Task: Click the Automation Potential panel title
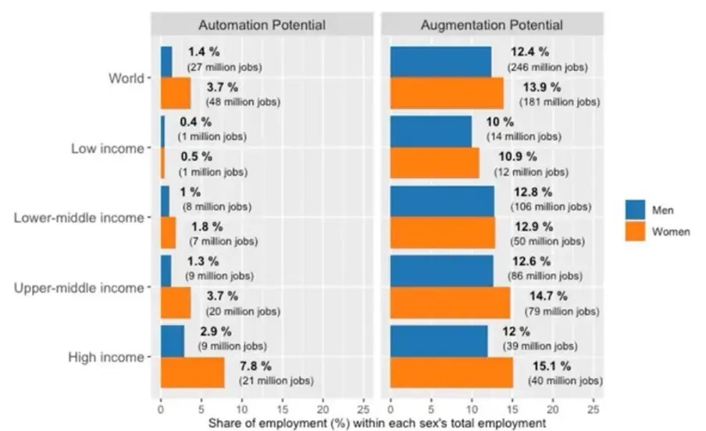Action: click(261, 25)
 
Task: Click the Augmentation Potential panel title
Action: click(492, 25)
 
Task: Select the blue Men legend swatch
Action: click(635, 209)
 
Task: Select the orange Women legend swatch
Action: click(635, 232)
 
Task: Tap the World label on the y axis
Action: click(127, 78)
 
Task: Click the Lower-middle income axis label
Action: click(79, 218)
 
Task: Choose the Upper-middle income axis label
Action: click(80, 287)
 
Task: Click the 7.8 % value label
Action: click(255, 365)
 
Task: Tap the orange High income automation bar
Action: click(192, 372)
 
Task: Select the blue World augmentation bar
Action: click(440, 62)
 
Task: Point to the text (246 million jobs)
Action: click(549, 68)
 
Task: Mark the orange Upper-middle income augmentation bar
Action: click(449, 303)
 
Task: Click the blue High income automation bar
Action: click(172, 340)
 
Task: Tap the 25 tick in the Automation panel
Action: click(363, 408)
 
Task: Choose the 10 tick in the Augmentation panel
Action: click(472, 408)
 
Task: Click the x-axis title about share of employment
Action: click(377, 422)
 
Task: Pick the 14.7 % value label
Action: click(550, 296)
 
